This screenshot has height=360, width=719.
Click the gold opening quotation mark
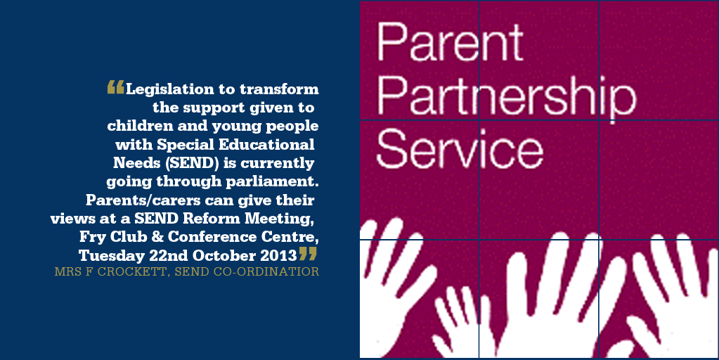pos(115,87)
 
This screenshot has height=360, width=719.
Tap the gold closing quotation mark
pos(308,253)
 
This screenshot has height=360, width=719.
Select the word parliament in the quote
pos(271,182)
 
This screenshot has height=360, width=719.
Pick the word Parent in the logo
pos(450,41)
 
